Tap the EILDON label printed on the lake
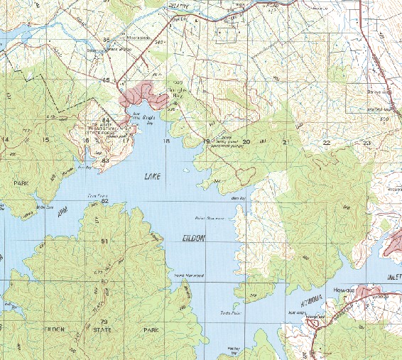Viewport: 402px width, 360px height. click(x=192, y=239)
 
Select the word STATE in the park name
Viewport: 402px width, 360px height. click(x=105, y=330)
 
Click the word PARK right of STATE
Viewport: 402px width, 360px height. click(x=151, y=330)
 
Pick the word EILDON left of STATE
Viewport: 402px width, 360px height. click(x=55, y=330)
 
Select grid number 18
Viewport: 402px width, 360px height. click(x=166, y=142)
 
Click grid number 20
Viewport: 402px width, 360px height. click(x=246, y=142)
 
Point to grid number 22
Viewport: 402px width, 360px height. click(x=327, y=143)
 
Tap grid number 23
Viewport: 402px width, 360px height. click(x=366, y=143)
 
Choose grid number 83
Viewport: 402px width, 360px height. click(x=105, y=160)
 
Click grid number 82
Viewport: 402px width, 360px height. click(x=105, y=201)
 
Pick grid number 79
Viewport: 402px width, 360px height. click(x=105, y=322)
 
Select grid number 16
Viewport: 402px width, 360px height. click(x=86, y=140)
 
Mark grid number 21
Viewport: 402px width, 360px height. click(x=286, y=143)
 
